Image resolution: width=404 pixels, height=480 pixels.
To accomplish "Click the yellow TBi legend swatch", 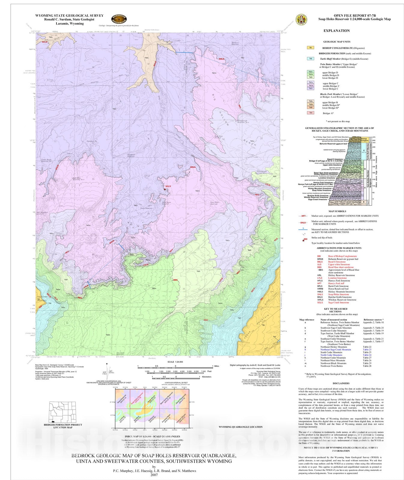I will pyautogui.click(x=310, y=47).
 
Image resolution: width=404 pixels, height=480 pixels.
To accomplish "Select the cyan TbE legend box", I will pyautogui.click(x=310, y=59).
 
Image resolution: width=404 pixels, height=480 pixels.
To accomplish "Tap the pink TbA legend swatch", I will pyautogui.click(x=310, y=113).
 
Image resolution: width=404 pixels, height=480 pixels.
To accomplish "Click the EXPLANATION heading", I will pyautogui.click(x=336, y=31).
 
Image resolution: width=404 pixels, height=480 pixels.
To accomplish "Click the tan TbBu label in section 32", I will pyautogui.click(x=147, y=58).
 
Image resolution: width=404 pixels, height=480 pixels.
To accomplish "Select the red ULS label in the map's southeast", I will pyautogui.click(x=206, y=320).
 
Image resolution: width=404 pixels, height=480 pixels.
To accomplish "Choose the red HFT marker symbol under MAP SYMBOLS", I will pyautogui.click(x=304, y=216).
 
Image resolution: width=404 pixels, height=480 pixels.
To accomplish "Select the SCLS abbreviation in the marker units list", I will pyautogui.click(x=320, y=302).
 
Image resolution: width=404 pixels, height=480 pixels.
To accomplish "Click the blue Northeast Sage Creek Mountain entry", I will pyautogui.click(x=336, y=349).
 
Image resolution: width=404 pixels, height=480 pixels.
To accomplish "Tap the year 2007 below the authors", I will pyautogui.click(x=154, y=475).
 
